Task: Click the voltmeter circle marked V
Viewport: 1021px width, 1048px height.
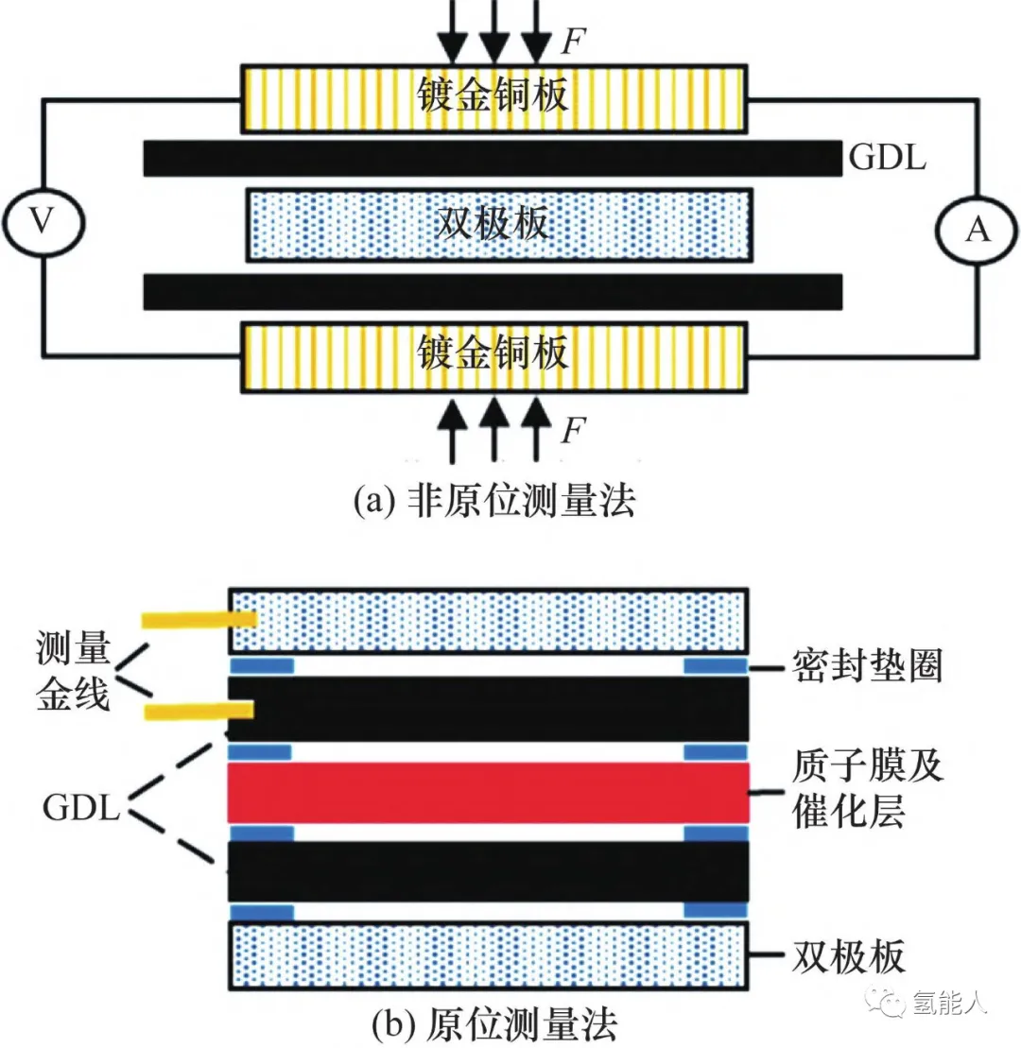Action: tap(43, 221)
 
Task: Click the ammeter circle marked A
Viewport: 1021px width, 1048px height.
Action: tap(977, 229)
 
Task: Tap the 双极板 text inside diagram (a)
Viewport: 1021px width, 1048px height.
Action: tap(493, 225)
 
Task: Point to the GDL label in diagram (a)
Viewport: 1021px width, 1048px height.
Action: tap(887, 157)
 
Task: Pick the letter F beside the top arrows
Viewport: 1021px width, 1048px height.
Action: tap(571, 41)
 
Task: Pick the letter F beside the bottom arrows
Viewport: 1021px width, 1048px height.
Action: tap(571, 432)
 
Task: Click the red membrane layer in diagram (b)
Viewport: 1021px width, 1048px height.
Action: tap(488, 793)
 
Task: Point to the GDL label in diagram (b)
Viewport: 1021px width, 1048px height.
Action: tap(80, 809)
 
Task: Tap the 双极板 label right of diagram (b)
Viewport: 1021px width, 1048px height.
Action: tap(848, 956)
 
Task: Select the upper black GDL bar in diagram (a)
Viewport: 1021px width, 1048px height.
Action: tap(492, 158)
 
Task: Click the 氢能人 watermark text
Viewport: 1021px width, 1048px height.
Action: tap(950, 1003)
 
